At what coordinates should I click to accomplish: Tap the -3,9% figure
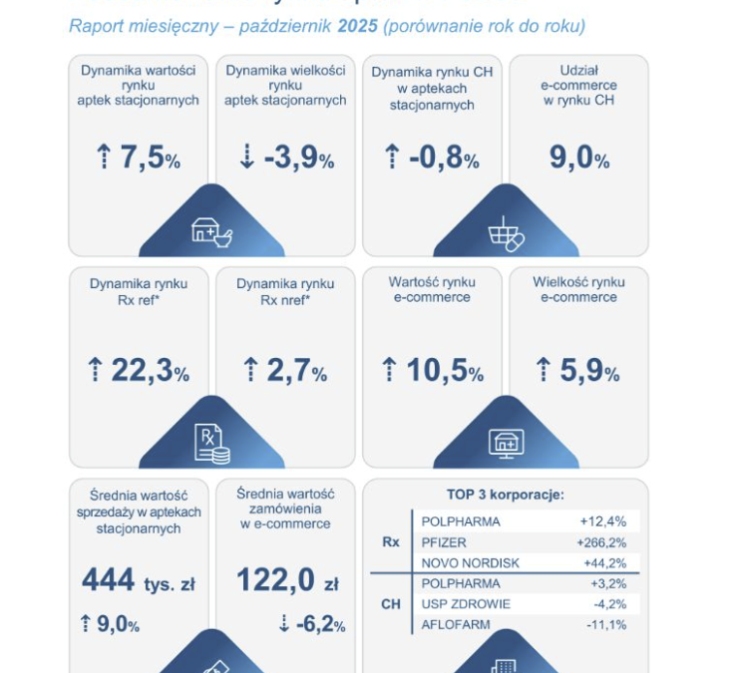point(286,159)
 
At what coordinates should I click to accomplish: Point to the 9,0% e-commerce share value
point(578,159)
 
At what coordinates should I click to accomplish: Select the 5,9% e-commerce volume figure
point(577,371)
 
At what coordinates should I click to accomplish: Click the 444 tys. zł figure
point(138,580)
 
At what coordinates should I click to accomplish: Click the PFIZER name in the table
point(445,542)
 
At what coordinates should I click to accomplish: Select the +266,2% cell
point(603,542)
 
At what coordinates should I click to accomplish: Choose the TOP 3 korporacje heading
point(506,495)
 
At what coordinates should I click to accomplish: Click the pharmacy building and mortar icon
point(211,231)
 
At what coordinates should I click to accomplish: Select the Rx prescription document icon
point(211,444)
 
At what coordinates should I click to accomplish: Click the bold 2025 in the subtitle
point(357,25)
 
